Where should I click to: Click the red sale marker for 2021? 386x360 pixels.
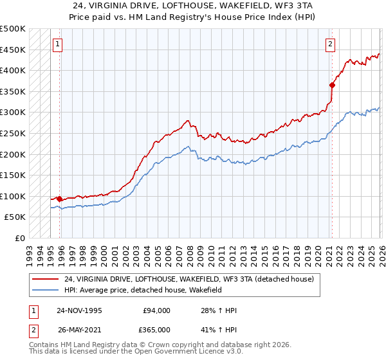click(333, 85)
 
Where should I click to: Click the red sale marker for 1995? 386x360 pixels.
click(60, 199)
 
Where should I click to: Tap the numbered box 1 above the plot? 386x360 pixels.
click(58, 44)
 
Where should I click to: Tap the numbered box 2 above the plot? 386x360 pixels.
click(330, 44)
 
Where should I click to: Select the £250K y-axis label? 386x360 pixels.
click(13, 133)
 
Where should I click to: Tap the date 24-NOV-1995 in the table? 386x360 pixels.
click(79, 310)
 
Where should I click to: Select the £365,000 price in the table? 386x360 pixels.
click(156, 330)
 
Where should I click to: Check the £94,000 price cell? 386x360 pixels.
click(156, 310)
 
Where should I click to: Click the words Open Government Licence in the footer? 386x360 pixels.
click(187, 352)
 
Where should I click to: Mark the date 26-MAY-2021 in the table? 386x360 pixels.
click(79, 330)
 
